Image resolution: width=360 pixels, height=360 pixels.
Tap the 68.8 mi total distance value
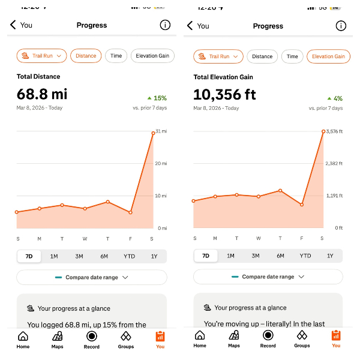[42, 94]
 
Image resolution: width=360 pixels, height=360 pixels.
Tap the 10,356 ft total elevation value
[225, 94]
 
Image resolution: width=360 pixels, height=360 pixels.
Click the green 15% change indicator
[157, 98]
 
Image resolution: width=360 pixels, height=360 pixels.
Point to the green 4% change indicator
[335, 98]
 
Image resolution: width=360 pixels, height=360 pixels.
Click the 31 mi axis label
[160, 131]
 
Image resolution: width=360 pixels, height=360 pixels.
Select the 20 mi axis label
[160, 164]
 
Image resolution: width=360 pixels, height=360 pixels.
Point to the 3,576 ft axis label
[334, 131]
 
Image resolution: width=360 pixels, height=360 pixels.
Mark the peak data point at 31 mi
[153, 133]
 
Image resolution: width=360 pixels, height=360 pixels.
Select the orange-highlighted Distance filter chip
[86, 56]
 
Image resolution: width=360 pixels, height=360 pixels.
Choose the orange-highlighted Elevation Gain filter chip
[328, 56]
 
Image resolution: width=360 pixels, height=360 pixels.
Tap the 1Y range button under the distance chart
[154, 256]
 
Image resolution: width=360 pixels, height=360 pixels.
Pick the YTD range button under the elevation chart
[305, 256]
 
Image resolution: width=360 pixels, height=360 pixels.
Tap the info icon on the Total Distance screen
[164, 25]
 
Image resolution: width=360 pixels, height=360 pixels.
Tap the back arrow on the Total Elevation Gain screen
[190, 25]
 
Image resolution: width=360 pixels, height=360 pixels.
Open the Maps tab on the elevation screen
[234, 339]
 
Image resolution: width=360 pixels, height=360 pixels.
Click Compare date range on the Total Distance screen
[92, 277]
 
